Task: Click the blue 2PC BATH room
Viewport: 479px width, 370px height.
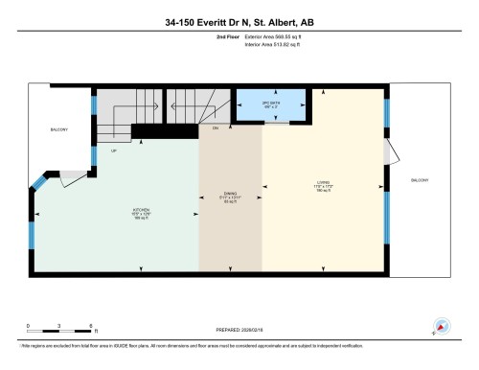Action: (270, 104)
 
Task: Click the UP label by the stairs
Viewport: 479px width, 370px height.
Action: (115, 150)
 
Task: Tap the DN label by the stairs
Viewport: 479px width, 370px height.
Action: (216, 127)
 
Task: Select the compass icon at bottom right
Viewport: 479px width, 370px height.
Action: (442, 326)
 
